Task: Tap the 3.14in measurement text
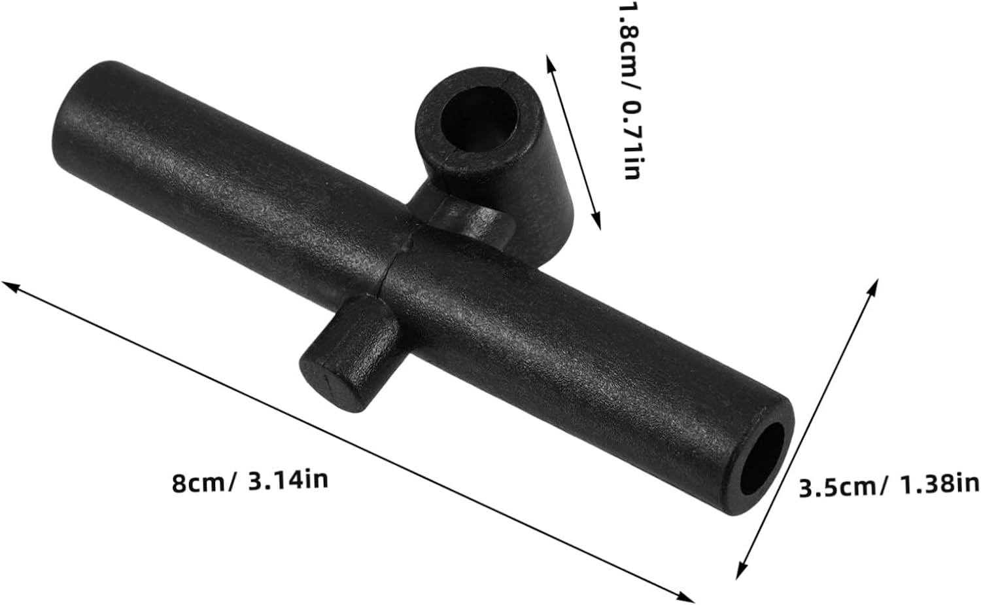pos(288,480)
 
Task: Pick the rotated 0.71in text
pos(631,140)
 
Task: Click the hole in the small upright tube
pos(478,119)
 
